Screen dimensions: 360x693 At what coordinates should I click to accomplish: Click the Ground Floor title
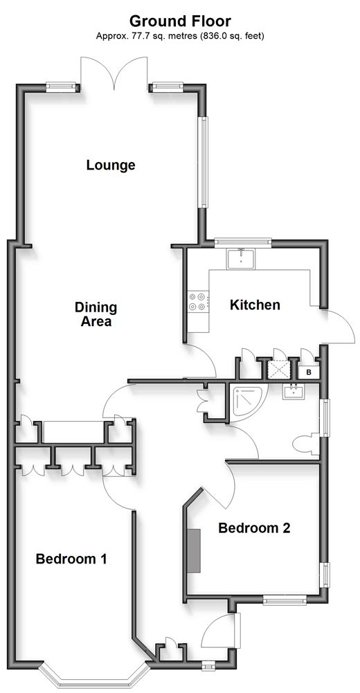[x=180, y=21]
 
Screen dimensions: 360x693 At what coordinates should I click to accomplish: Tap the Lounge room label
[x=111, y=165]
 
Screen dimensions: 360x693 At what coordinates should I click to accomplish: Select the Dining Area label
[x=96, y=314]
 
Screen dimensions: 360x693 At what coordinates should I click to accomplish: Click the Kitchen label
[x=255, y=305]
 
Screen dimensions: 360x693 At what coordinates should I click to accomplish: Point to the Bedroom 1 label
[x=71, y=559]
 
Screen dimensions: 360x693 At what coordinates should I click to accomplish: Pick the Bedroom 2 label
[x=255, y=528]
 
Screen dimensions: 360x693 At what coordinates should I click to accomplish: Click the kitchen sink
[x=241, y=258]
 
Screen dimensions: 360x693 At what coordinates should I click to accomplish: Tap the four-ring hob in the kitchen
[x=198, y=301]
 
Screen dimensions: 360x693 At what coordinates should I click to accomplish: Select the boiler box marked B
[x=309, y=372]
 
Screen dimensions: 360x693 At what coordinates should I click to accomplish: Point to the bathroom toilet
[x=305, y=444]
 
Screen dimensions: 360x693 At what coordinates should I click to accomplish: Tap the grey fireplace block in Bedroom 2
[x=193, y=550]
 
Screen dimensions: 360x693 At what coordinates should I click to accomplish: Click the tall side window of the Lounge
[x=203, y=162]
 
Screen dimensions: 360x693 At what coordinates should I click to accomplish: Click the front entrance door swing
[x=219, y=629]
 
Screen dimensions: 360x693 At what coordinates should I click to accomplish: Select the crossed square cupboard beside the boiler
[x=279, y=370]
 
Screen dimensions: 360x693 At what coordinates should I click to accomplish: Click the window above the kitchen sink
[x=242, y=242]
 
